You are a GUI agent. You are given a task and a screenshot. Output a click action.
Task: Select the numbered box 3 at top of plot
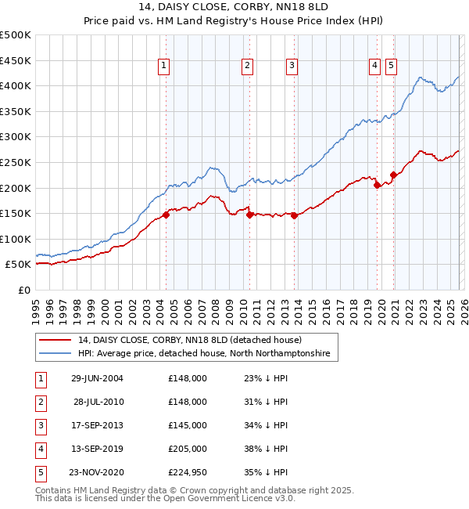[x=291, y=66]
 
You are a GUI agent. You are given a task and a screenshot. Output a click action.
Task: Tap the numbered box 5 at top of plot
[x=391, y=66]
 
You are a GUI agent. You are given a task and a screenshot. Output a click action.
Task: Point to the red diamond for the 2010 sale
[x=249, y=215]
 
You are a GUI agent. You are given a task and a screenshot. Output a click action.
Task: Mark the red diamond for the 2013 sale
[x=294, y=216]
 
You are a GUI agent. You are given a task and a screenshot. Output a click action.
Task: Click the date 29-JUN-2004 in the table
[x=97, y=378]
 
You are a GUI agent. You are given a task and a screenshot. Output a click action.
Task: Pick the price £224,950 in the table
[x=188, y=472]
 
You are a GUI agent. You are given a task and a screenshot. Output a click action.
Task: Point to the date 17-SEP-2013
[x=97, y=425]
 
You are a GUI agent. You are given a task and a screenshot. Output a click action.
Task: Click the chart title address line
[x=234, y=9]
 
